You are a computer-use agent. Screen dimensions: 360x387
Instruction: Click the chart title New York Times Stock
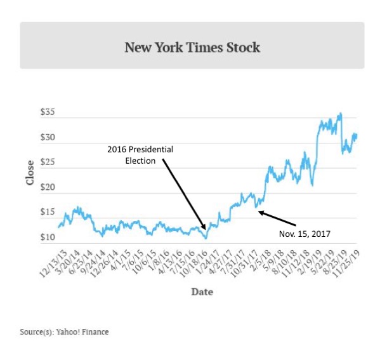[192, 48]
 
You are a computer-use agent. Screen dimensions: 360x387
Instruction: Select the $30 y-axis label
[48, 138]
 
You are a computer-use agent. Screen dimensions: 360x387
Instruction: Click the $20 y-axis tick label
[48, 188]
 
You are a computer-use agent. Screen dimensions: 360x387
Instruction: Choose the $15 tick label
[48, 213]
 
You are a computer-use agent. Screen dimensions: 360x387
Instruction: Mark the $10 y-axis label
[48, 237]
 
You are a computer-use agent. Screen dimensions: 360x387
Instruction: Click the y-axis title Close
[30, 173]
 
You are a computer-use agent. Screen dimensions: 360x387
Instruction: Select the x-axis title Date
[202, 292]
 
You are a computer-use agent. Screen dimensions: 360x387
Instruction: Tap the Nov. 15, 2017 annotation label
[305, 234]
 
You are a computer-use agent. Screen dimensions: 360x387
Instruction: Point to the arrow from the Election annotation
[184, 194]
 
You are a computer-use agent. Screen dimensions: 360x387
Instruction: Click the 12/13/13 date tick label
[55, 262]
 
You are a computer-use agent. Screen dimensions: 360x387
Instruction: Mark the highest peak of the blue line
[341, 114]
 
